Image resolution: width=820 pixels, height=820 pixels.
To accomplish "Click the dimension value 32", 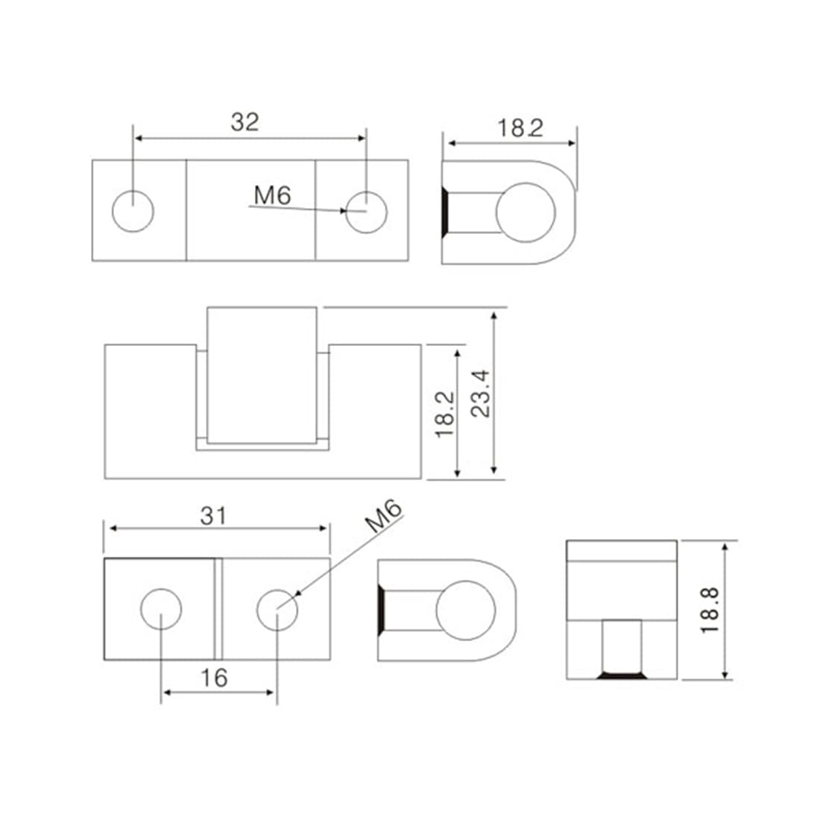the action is (x=245, y=122).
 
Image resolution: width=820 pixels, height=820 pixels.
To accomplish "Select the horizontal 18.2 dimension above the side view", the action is (x=520, y=128).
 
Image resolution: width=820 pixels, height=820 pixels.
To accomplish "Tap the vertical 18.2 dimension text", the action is (x=445, y=414).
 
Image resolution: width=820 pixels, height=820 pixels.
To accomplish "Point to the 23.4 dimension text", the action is (x=481, y=394).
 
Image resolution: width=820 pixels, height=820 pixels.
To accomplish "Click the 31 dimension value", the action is (x=213, y=516).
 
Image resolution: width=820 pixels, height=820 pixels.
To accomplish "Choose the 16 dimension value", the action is (x=214, y=678).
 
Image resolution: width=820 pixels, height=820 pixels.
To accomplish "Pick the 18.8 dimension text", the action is (x=710, y=611).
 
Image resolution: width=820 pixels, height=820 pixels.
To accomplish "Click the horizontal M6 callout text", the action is (x=272, y=195).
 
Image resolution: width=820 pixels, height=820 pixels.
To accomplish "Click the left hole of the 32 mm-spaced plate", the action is (x=133, y=211).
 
